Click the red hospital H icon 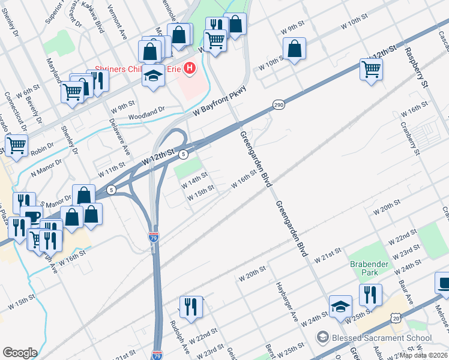[190, 68]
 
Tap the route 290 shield [279, 104]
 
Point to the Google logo [20, 353]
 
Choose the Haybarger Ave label [287, 301]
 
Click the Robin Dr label [42, 149]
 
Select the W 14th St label [195, 179]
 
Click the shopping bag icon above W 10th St [294, 49]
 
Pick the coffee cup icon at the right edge [443, 283]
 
